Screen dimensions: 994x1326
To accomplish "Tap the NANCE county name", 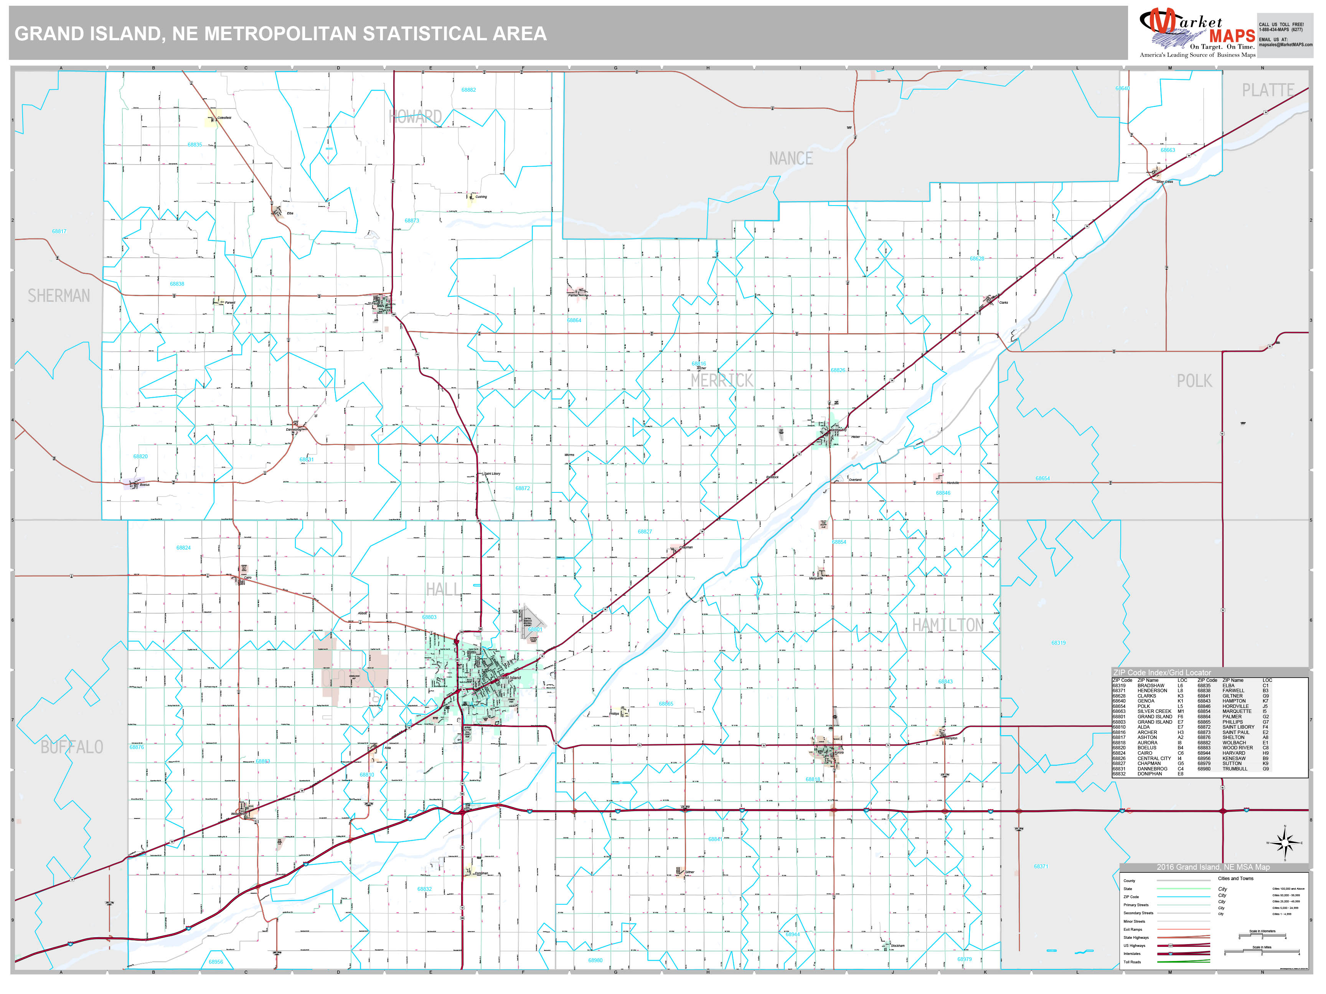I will [791, 159].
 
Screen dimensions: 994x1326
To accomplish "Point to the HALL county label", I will [444, 589].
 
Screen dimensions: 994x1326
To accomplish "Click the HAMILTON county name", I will [947, 625].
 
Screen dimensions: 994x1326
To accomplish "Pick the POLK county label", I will [1194, 381].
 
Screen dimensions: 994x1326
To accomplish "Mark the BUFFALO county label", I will [72, 747].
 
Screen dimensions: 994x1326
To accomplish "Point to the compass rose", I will [1284, 843].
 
